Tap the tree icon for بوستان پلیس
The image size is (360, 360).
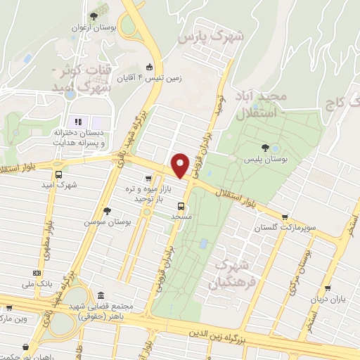click(265, 148)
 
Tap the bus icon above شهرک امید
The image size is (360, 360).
click(58, 174)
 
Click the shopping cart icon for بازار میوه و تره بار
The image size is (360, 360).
click(148, 179)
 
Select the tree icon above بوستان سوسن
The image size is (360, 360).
click(107, 210)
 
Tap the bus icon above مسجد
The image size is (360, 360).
click(181, 206)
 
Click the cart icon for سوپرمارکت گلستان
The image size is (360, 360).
click(284, 217)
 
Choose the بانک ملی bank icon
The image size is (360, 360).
click(37, 274)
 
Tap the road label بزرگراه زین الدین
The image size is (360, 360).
click(243, 337)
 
